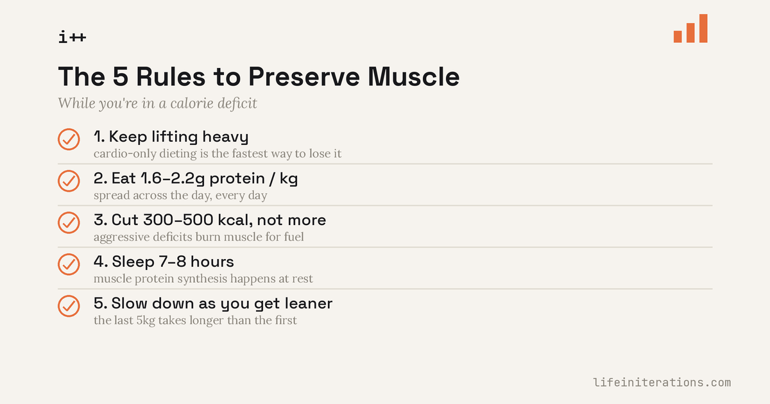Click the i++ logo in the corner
(72, 37)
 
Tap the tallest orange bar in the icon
(703, 28)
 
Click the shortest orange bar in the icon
(678, 37)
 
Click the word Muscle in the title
(413, 76)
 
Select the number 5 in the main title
(121, 76)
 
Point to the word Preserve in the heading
(304, 76)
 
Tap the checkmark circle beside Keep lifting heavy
(69, 140)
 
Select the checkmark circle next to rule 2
(69, 181)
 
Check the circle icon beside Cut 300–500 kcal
(69, 223)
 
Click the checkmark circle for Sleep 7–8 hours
(69, 264)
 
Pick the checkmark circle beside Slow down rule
(69, 306)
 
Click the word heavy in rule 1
(225, 137)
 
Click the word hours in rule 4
(212, 262)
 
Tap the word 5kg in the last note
(146, 321)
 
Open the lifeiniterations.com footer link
(662, 382)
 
